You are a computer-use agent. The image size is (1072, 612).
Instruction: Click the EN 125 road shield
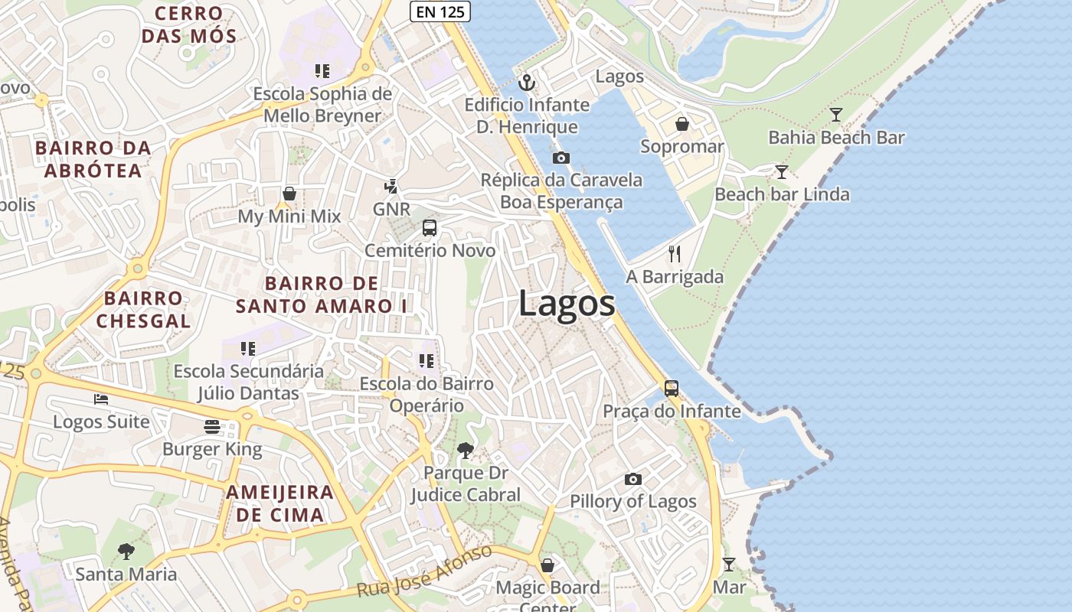440,11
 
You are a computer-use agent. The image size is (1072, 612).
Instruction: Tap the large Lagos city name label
567,304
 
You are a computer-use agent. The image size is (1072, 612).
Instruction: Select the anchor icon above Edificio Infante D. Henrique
526,82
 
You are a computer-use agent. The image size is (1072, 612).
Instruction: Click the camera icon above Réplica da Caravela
561,158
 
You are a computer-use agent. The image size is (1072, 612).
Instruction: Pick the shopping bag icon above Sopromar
681,124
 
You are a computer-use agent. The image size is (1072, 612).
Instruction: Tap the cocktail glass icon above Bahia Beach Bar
836,115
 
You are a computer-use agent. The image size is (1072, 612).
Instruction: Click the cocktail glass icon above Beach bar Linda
781,171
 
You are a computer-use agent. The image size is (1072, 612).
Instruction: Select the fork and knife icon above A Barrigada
675,254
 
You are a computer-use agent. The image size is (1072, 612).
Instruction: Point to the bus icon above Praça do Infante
671,389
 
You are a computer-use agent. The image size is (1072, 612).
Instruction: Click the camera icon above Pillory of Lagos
632,480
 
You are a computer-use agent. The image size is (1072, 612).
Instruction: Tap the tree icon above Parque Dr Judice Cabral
465,451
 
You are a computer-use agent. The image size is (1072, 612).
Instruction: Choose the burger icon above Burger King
212,427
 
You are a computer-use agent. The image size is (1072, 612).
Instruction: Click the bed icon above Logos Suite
101,399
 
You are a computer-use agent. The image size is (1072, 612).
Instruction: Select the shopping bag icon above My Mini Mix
289,194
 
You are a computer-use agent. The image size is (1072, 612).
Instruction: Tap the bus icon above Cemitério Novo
430,228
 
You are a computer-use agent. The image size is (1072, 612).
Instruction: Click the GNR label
391,209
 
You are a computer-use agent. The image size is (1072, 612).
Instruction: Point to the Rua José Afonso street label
425,572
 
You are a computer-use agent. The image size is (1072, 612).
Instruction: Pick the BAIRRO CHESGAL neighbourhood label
143,309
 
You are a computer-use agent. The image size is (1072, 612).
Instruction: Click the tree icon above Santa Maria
126,551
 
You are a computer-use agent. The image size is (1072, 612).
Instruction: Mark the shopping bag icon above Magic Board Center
547,565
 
